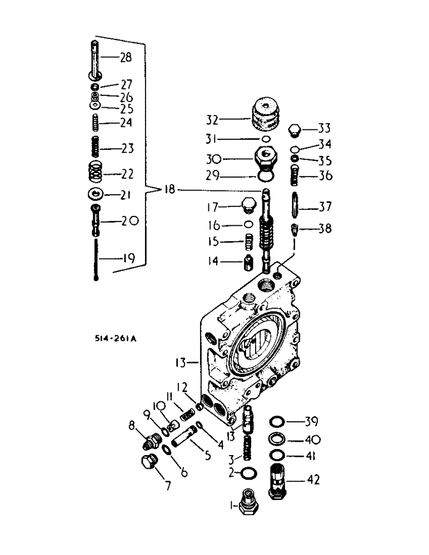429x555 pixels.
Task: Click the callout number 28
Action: tap(126, 57)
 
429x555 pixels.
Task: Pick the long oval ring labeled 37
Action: tap(295, 206)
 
